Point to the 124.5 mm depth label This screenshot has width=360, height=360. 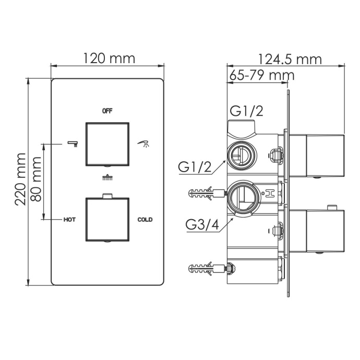pyautogui.click(x=290, y=59)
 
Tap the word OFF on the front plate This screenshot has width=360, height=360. pyautogui.click(x=107, y=111)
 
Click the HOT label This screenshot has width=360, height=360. pyautogui.click(x=69, y=220)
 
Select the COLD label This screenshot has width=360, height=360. pyautogui.click(x=145, y=220)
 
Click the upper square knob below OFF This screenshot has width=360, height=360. pyautogui.click(x=107, y=143)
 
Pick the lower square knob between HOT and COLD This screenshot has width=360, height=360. pyautogui.click(x=107, y=219)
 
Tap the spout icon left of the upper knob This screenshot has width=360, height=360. pyautogui.click(x=72, y=142)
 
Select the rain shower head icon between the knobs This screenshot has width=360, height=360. pyautogui.click(x=107, y=178)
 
